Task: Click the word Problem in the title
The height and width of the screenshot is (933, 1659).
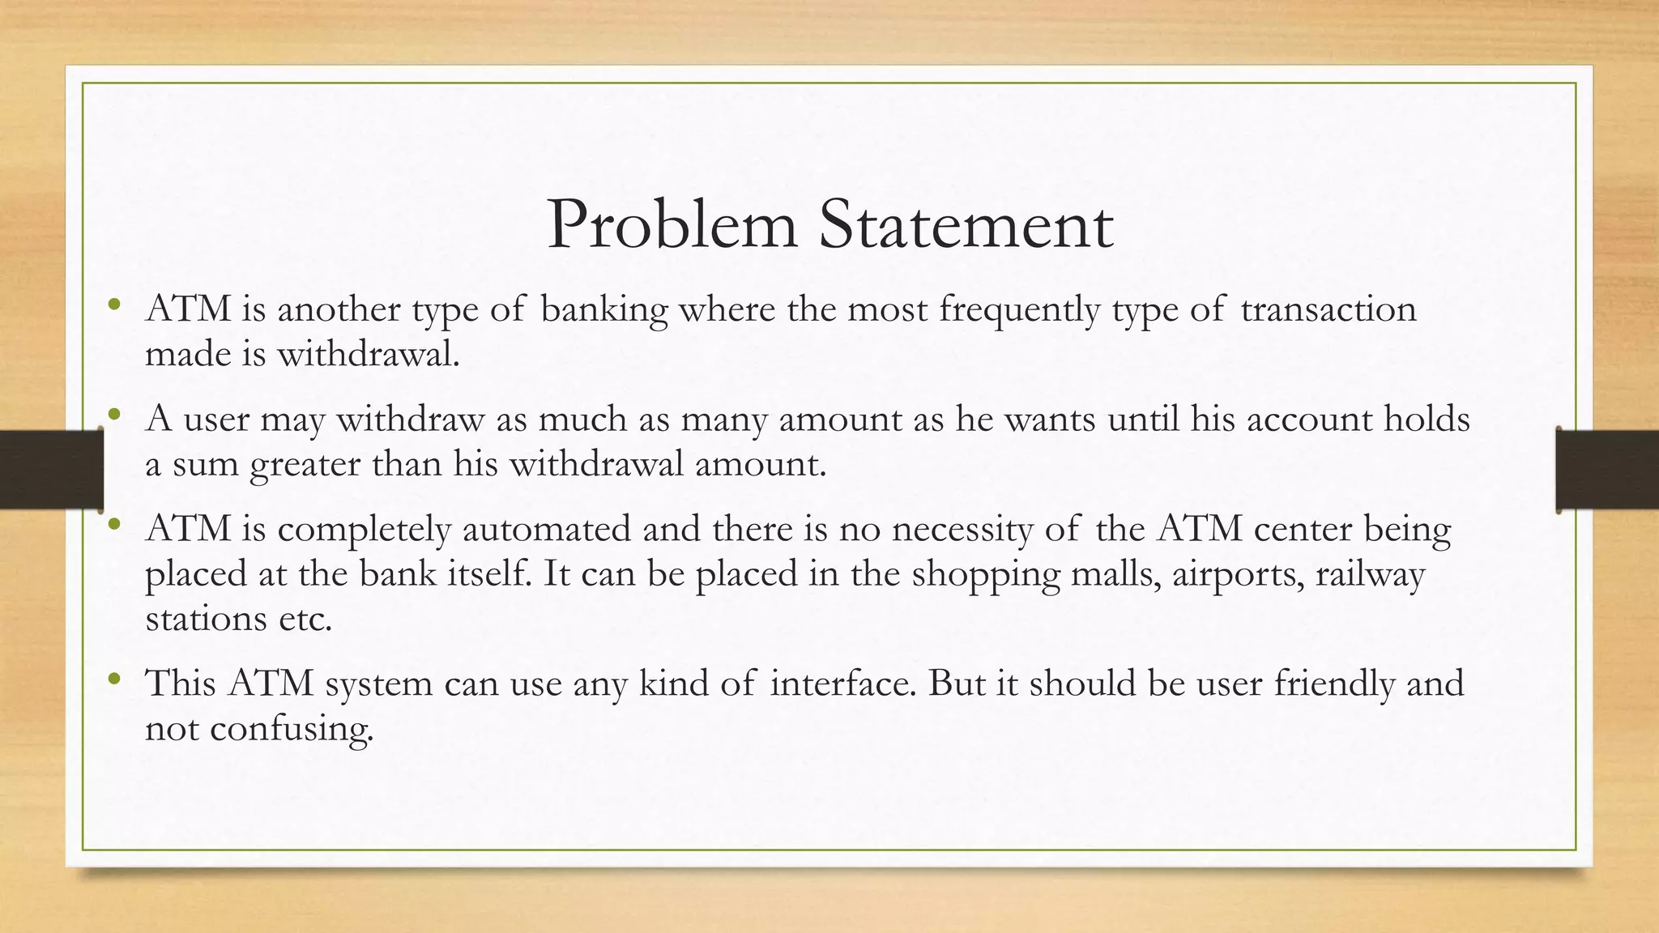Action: coord(672,226)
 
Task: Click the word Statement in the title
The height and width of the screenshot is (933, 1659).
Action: coord(966,224)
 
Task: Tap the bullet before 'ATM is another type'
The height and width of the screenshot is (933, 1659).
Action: coord(114,305)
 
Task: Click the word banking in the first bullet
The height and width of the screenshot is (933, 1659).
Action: coord(603,310)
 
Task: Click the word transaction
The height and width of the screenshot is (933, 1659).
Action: coord(1328,309)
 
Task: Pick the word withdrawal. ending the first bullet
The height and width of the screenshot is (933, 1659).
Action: coord(369,354)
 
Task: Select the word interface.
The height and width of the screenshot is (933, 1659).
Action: coord(843,684)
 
